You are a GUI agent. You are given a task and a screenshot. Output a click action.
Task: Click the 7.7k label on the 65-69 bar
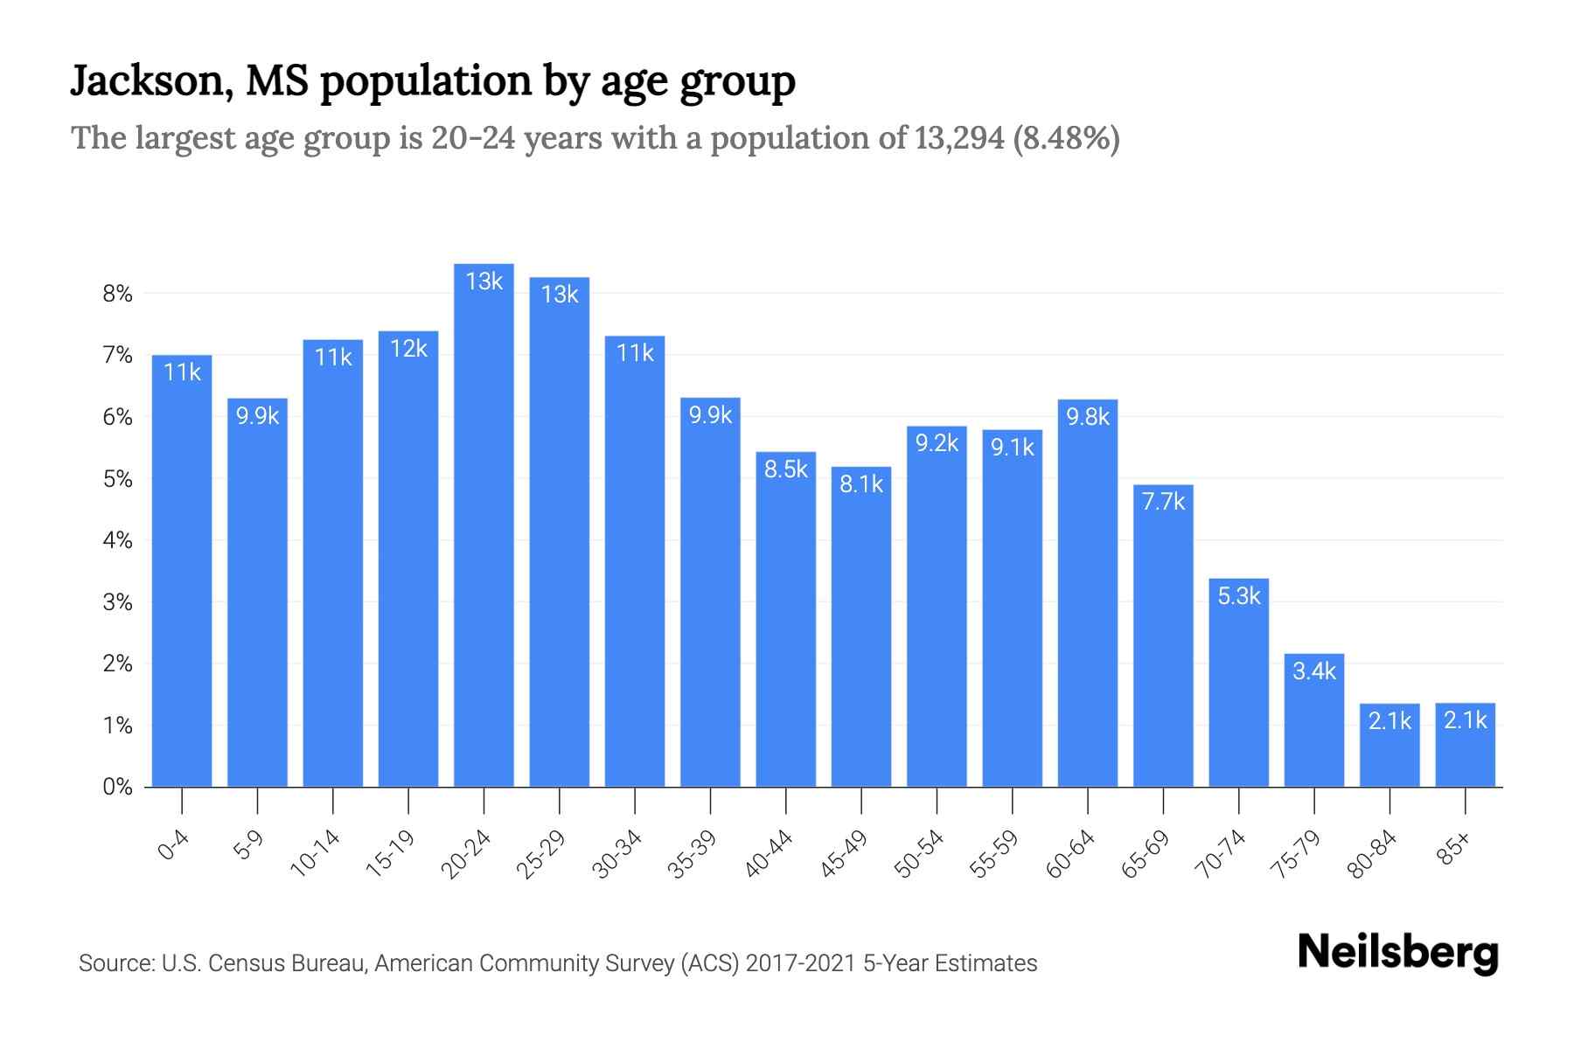pyautogui.click(x=1163, y=502)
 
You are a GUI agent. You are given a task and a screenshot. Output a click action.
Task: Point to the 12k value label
pyautogui.click(x=408, y=349)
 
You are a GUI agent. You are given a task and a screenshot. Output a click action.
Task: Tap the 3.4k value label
pyautogui.click(x=1313, y=671)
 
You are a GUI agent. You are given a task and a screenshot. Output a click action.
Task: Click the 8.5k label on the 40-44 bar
pyautogui.click(x=786, y=469)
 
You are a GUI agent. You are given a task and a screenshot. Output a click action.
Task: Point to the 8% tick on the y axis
pyautogui.click(x=117, y=294)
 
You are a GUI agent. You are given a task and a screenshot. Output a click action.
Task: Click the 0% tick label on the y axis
pyautogui.click(x=117, y=787)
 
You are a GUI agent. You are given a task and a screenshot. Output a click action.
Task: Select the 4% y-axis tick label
pyautogui.click(x=117, y=540)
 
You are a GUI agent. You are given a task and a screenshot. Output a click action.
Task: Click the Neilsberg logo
pyautogui.click(x=1397, y=953)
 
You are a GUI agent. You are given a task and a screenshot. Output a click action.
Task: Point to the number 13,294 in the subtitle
pyautogui.click(x=959, y=138)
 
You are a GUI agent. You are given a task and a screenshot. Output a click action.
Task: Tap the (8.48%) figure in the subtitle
pyautogui.click(x=1066, y=138)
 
